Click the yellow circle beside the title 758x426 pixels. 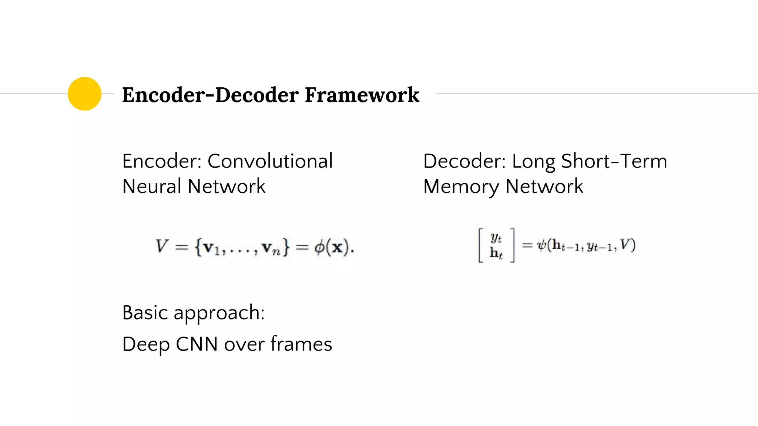click(84, 94)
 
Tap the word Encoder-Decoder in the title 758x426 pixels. click(210, 95)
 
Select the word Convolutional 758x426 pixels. click(270, 161)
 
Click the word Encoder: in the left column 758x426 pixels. click(161, 161)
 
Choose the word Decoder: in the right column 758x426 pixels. click(464, 161)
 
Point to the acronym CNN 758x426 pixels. click(197, 344)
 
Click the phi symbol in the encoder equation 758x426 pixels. click(319, 247)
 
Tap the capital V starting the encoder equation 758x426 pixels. click(162, 246)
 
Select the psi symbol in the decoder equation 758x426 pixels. click(542, 245)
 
